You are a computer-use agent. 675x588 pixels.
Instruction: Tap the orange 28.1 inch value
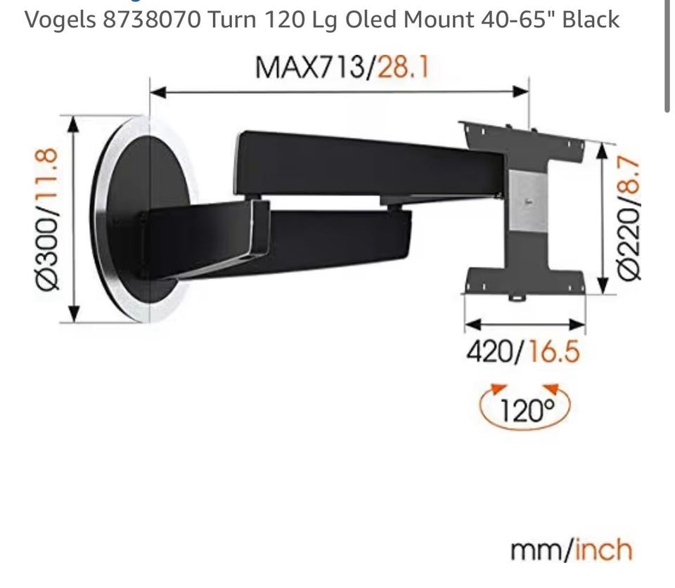pyautogui.click(x=404, y=67)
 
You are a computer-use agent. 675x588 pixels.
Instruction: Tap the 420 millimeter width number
pyautogui.click(x=490, y=351)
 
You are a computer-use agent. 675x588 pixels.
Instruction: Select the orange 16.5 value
pyautogui.click(x=554, y=351)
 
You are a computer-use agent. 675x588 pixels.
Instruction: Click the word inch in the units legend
pyautogui.click(x=603, y=550)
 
